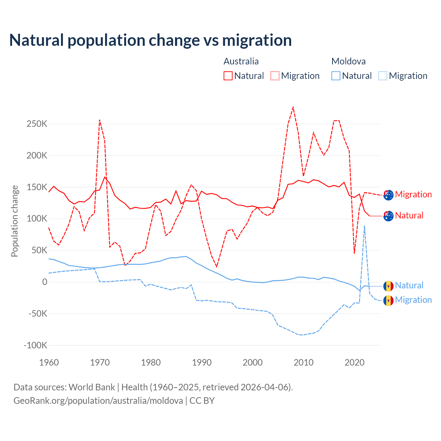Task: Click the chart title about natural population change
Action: pyautogui.click(x=151, y=40)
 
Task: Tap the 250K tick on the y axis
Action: pyautogui.click(x=37, y=124)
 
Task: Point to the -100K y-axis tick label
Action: pyautogui.click(x=35, y=345)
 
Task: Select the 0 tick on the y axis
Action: pyautogui.click(x=44, y=282)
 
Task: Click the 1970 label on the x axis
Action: pyautogui.click(x=100, y=362)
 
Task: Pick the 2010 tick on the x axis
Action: pyautogui.click(x=304, y=362)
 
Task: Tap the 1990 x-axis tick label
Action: pyautogui.click(x=202, y=362)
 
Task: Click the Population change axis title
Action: pyautogui.click(x=14, y=221)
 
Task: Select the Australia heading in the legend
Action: pyautogui.click(x=241, y=61)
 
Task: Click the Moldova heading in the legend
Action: pyautogui.click(x=348, y=61)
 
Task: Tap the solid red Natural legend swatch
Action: pyautogui.click(x=228, y=76)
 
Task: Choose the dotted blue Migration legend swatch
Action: pyautogui.click(x=383, y=76)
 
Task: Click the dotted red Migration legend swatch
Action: pyautogui.click(x=275, y=76)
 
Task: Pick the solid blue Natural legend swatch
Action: pyautogui.click(x=336, y=76)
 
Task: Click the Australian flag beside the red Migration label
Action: pyautogui.click(x=388, y=195)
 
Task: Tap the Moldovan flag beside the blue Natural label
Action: pyautogui.click(x=388, y=286)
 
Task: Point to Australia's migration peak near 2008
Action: pyautogui.click(x=293, y=107)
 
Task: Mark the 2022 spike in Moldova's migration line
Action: pyautogui.click(x=365, y=226)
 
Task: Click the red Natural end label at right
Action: pyautogui.click(x=409, y=216)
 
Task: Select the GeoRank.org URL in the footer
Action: pyautogui.click(x=98, y=401)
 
